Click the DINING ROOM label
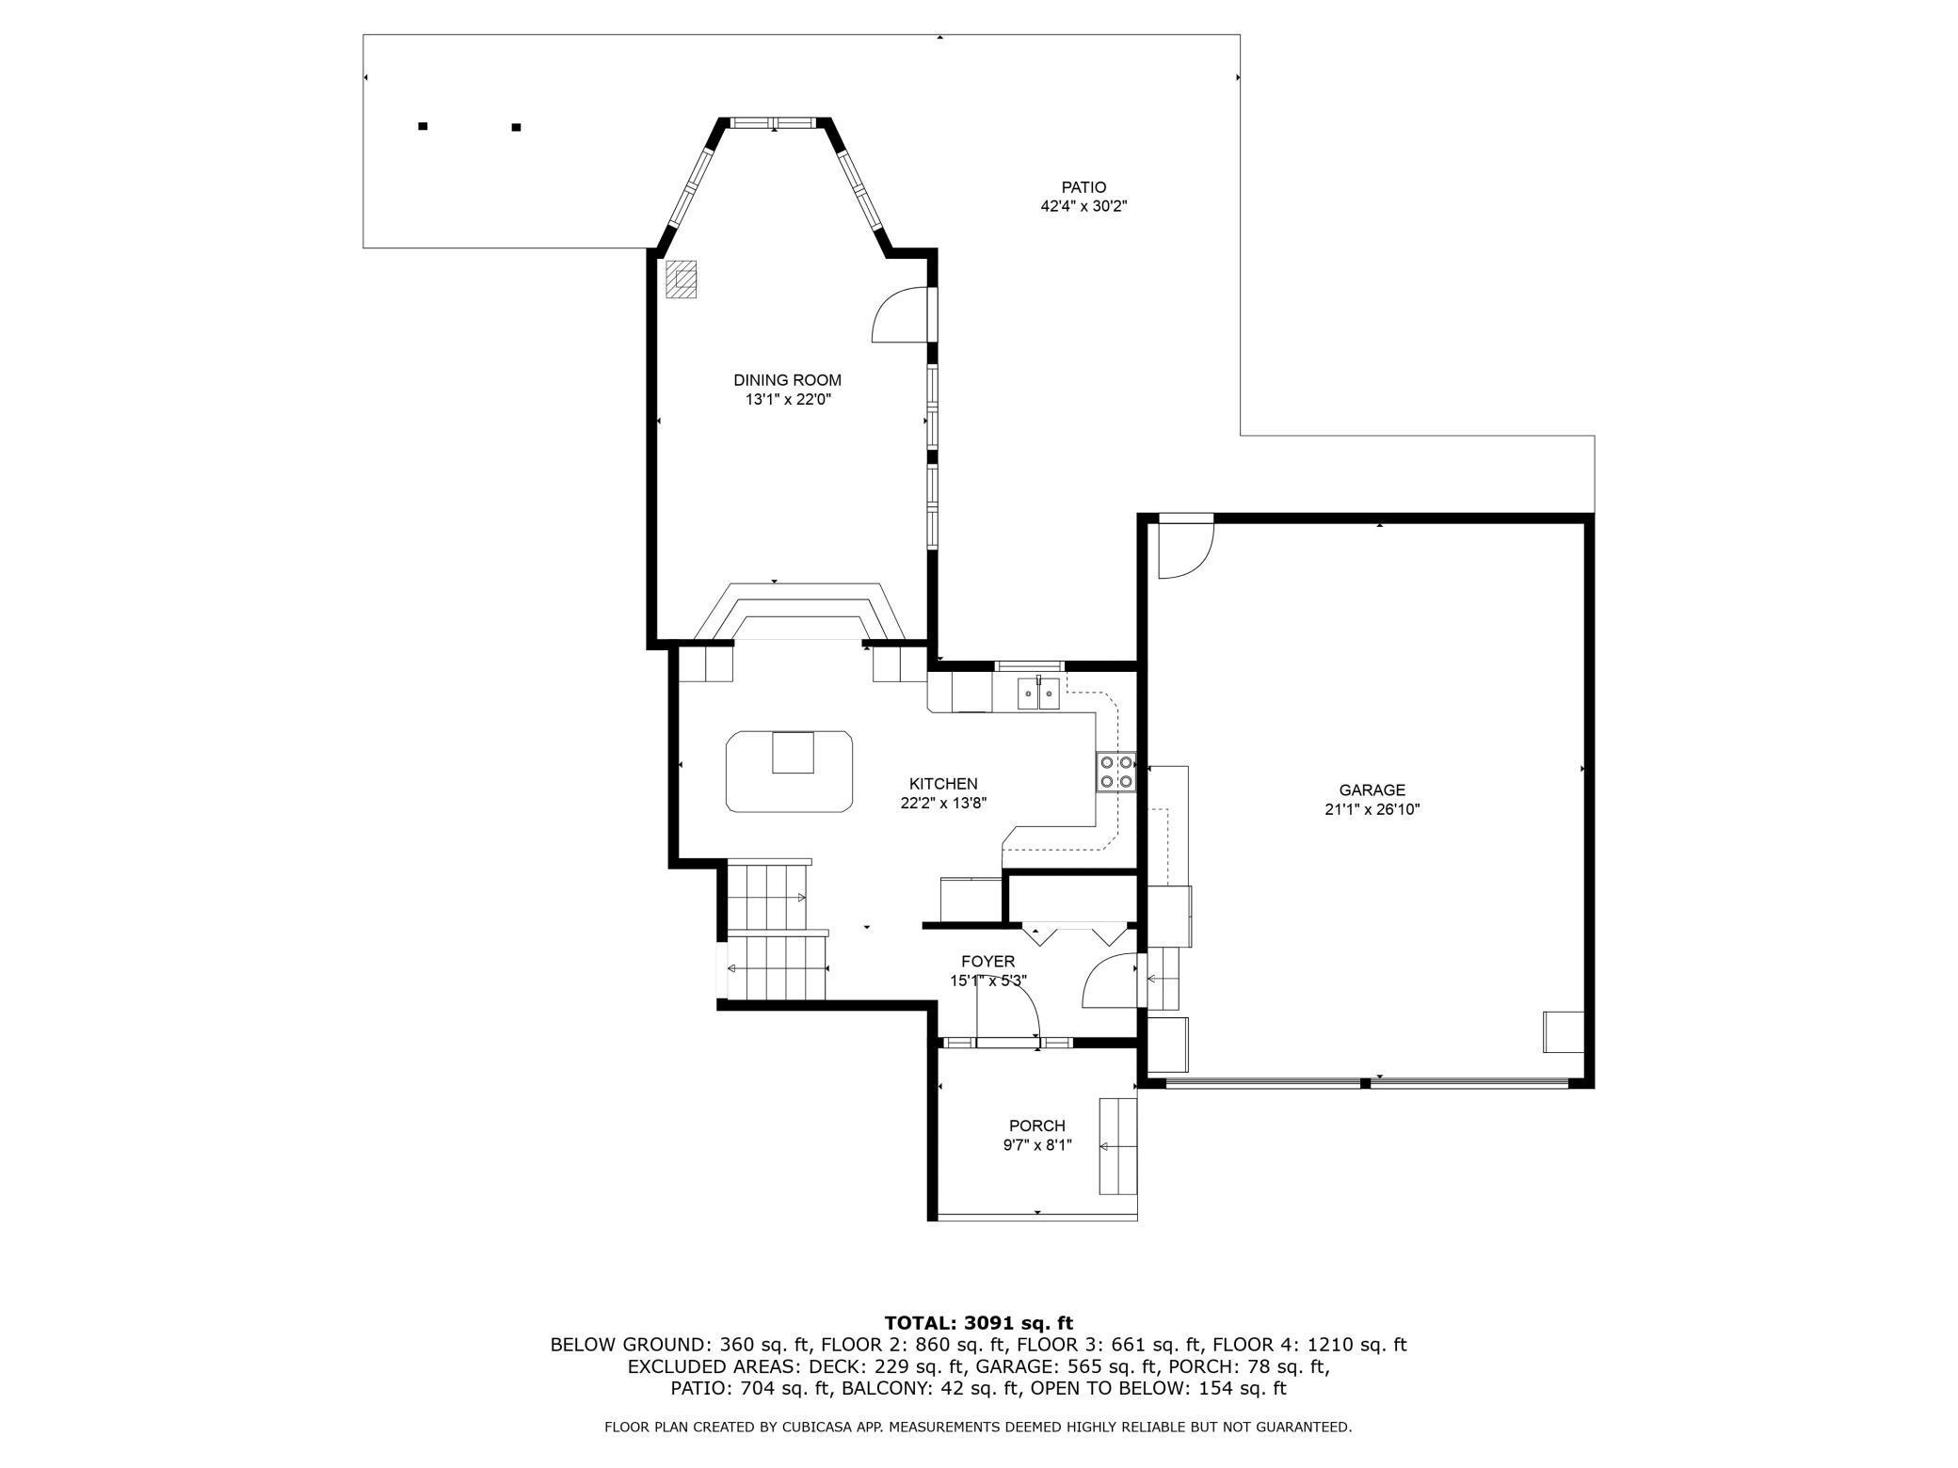point(787,380)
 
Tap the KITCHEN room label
point(943,784)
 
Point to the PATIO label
point(1083,187)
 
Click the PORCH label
point(1036,1125)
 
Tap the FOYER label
point(987,961)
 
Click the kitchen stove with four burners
point(1116,772)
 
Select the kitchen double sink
point(1039,694)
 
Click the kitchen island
point(790,771)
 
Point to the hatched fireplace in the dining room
point(681,279)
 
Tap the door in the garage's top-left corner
point(1184,548)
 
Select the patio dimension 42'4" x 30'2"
point(1083,206)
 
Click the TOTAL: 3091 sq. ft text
point(979,1323)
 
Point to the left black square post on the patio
point(423,126)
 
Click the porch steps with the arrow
point(1118,1146)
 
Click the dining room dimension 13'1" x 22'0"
point(788,399)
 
